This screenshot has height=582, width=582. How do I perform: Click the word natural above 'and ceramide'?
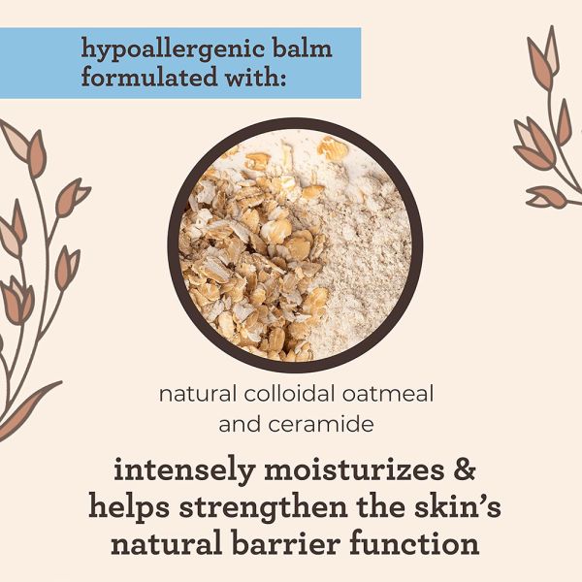tap(193, 395)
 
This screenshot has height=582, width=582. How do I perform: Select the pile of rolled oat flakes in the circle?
tap(242, 272)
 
